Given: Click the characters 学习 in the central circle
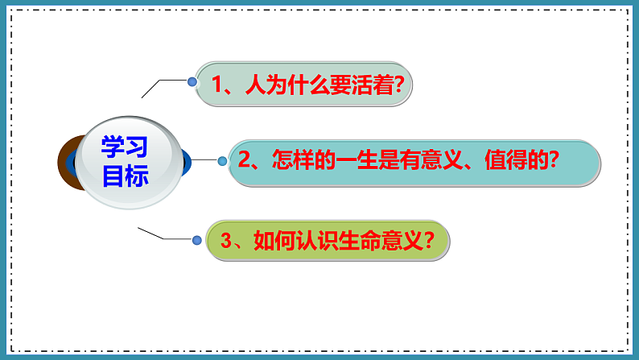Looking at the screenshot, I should pos(125,147).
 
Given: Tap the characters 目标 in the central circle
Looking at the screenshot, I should pos(125,176).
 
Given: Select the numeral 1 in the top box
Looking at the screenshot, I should pos(216,83).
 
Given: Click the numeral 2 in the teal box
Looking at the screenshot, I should pos(243,160).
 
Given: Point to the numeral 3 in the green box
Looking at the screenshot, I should pos(226,240).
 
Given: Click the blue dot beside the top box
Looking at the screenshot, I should pos(192,81).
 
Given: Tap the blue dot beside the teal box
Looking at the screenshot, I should pos(222,159).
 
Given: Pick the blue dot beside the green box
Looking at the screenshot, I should pos(196,239).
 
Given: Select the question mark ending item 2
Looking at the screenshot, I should pos(553,160).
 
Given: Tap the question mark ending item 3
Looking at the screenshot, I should pos(430,240).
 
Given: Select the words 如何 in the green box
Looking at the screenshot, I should pos(270,240).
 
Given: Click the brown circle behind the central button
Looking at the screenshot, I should pos(66,161).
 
